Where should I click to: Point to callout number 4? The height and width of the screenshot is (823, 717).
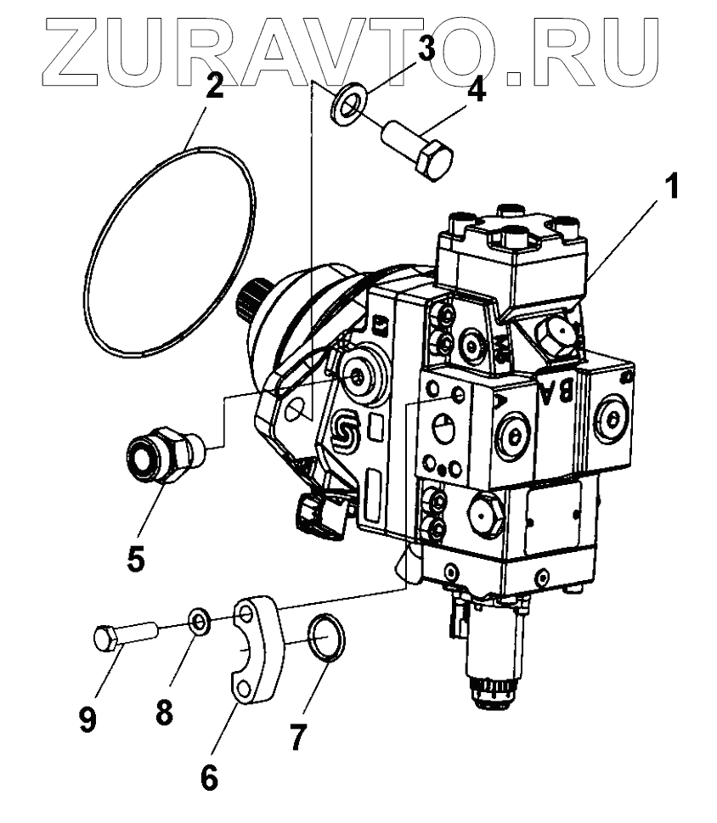coord(477,87)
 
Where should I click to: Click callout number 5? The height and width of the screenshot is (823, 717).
coord(137,558)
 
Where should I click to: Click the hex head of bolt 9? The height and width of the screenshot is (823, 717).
coord(104,637)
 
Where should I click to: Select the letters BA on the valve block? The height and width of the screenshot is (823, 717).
coord(559,392)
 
